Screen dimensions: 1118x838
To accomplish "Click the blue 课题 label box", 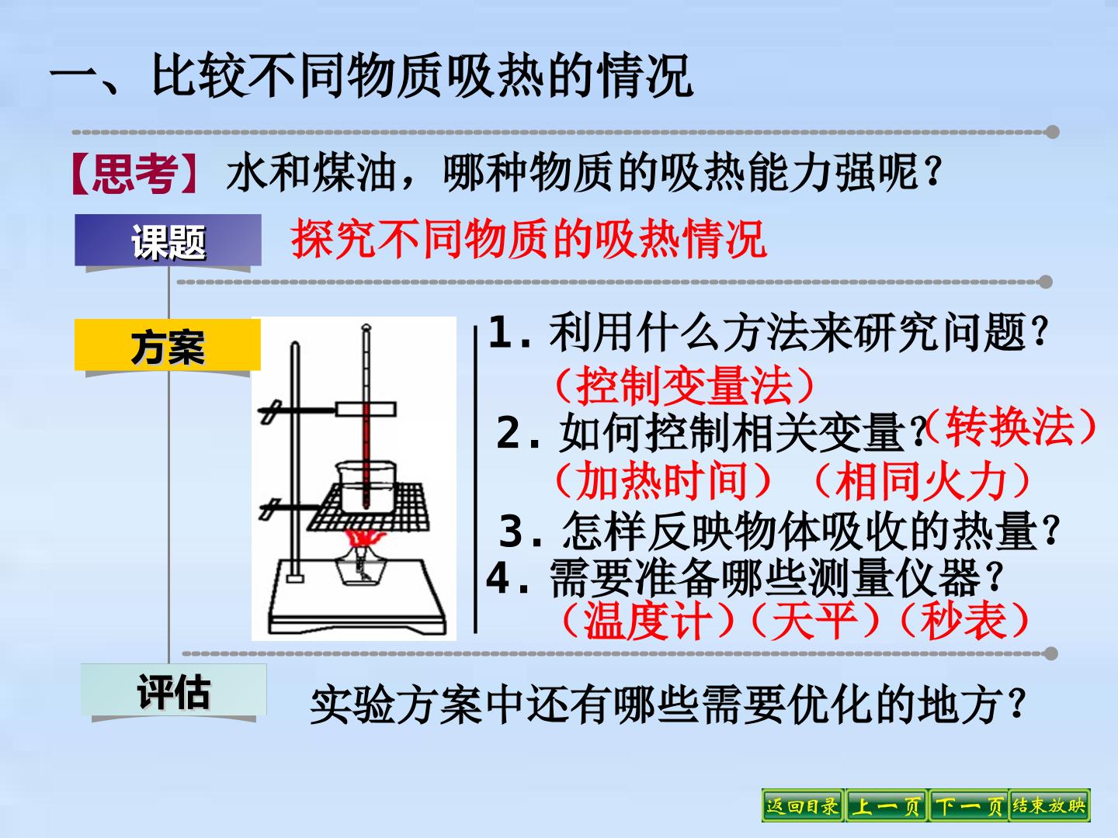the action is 168,241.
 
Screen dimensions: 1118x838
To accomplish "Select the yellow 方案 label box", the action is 168,345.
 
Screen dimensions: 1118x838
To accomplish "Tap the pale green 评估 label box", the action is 174,690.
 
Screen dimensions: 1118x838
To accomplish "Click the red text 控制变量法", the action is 685,386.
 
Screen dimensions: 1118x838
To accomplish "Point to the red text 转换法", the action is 1009,427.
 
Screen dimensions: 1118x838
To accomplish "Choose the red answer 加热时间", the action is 662,480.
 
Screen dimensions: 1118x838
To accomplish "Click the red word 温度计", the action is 647,620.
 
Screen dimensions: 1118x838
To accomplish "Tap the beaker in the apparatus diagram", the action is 366,486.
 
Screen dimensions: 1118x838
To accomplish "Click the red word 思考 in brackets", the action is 136,174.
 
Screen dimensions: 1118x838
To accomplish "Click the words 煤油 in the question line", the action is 355,173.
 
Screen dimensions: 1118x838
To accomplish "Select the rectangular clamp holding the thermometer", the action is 366,409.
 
